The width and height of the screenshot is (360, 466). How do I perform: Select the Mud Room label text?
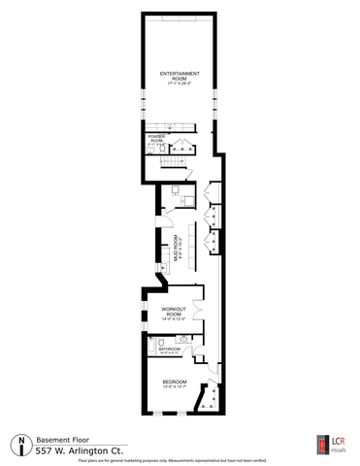point(176,250)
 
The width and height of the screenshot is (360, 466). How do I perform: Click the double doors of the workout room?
point(198,312)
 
